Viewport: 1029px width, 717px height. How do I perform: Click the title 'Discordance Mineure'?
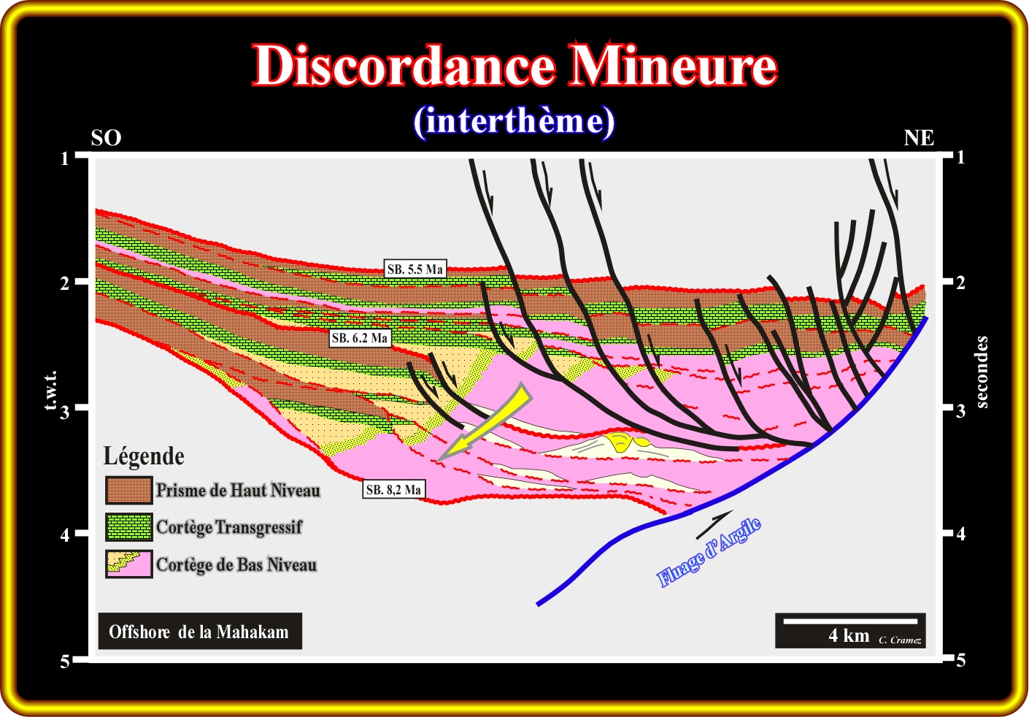point(514,66)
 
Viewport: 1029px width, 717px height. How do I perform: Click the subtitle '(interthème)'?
point(514,121)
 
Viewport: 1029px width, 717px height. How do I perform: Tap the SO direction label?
point(106,138)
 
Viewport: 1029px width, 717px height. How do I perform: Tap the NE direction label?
point(919,138)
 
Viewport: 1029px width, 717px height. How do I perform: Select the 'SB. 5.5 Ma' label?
point(415,269)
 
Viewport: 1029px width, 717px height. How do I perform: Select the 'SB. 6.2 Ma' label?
point(359,338)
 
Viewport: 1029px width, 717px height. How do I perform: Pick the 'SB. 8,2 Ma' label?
point(393,490)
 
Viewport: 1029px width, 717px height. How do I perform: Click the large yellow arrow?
point(485,423)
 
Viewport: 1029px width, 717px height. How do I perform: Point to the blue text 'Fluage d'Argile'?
point(709,552)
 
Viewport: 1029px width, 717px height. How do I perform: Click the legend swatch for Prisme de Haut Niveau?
point(128,490)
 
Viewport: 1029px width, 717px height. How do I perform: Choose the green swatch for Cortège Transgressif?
point(128,527)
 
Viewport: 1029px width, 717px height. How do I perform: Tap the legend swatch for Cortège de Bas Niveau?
point(128,564)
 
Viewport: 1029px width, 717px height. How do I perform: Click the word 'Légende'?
point(144,456)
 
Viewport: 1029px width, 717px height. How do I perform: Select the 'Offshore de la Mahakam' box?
point(199,632)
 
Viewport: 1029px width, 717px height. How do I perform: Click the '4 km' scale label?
point(849,635)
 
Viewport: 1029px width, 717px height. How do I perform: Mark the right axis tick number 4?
point(960,534)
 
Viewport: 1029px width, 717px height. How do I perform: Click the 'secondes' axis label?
point(982,372)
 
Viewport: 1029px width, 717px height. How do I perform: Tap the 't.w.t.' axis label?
point(50,391)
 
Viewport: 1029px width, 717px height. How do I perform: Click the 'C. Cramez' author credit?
point(900,640)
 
